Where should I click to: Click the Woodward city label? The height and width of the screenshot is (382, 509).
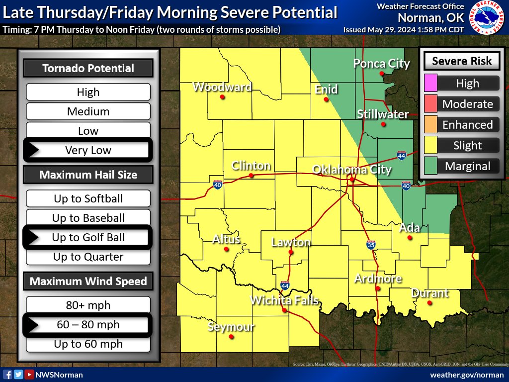pos(222,87)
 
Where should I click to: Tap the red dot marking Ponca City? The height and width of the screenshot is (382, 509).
pos(382,74)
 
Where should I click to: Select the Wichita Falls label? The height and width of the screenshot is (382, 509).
pos(284,300)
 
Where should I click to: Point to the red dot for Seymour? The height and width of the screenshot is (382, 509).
pos(231,337)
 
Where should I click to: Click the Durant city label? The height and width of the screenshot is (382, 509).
pos(430,293)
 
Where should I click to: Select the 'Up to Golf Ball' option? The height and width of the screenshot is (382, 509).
pos(88,237)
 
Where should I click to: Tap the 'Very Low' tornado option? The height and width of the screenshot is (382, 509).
pos(88,150)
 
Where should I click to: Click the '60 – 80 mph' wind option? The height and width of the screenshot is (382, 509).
pos(88,325)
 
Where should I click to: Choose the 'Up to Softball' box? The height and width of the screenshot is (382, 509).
pos(88,198)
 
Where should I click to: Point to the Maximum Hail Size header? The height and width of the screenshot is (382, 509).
pos(88,175)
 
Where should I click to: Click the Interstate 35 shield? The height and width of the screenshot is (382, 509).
pos(371,244)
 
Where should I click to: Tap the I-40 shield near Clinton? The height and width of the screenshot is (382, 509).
pos(218,185)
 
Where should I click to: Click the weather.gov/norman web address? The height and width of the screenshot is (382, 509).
pos(466,375)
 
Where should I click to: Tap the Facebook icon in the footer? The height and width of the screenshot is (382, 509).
pos(7,375)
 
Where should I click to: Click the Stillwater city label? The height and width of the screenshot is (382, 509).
pos(383,114)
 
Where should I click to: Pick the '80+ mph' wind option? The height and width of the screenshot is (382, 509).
pos(88,305)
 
